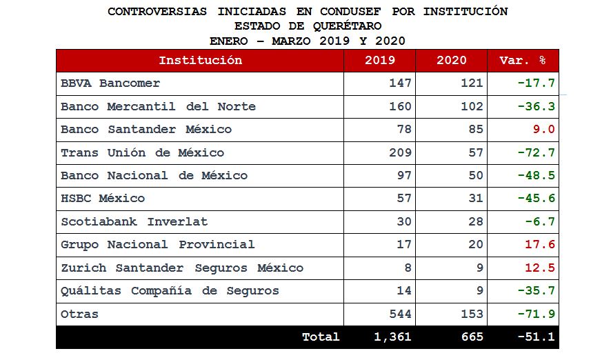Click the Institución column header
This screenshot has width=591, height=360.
click(x=200, y=61)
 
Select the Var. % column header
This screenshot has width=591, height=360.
click(x=522, y=61)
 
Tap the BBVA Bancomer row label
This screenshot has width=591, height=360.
click(x=110, y=83)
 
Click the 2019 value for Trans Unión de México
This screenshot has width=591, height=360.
click(x=400, y=152)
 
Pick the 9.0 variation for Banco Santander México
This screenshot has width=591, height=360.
click(x=543, y=130)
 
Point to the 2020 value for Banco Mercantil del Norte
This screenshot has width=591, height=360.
click(x=472, y=107)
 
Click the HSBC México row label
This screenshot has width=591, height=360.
click(x=103, y=199)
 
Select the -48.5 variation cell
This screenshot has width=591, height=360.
click(x=536, y=176)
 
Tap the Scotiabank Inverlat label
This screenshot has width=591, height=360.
click(x=134, y=222)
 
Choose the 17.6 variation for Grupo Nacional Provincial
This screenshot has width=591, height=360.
click(x=539, y=245)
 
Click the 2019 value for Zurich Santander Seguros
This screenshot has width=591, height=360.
click(x=408, y=268)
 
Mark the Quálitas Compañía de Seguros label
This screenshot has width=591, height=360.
click(x=170, y=291)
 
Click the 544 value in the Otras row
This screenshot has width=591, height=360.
click(x=400, y=314)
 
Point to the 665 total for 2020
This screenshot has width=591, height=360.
click(x=472, y=337)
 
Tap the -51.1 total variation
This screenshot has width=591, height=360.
click(x=536, y=337)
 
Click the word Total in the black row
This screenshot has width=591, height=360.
click(x=321, y=337)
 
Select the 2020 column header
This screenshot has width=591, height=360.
click(x=452, y=61)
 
